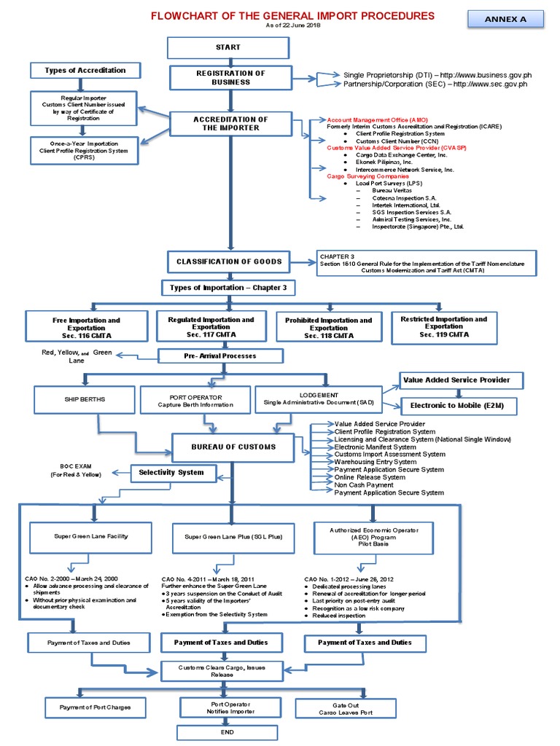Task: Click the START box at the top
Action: point(227,47)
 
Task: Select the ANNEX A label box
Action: point(505,20)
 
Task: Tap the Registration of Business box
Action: point(230,78)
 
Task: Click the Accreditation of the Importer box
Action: point(230,123)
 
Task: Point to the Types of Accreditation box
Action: point(85,71)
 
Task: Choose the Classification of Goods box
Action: point(228,262)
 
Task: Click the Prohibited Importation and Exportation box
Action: point(328,325)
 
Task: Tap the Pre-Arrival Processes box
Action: point(209,356)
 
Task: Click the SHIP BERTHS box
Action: point(82,398)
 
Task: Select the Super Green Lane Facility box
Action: point(91,536)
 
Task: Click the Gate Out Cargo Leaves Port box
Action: point(346,707)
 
